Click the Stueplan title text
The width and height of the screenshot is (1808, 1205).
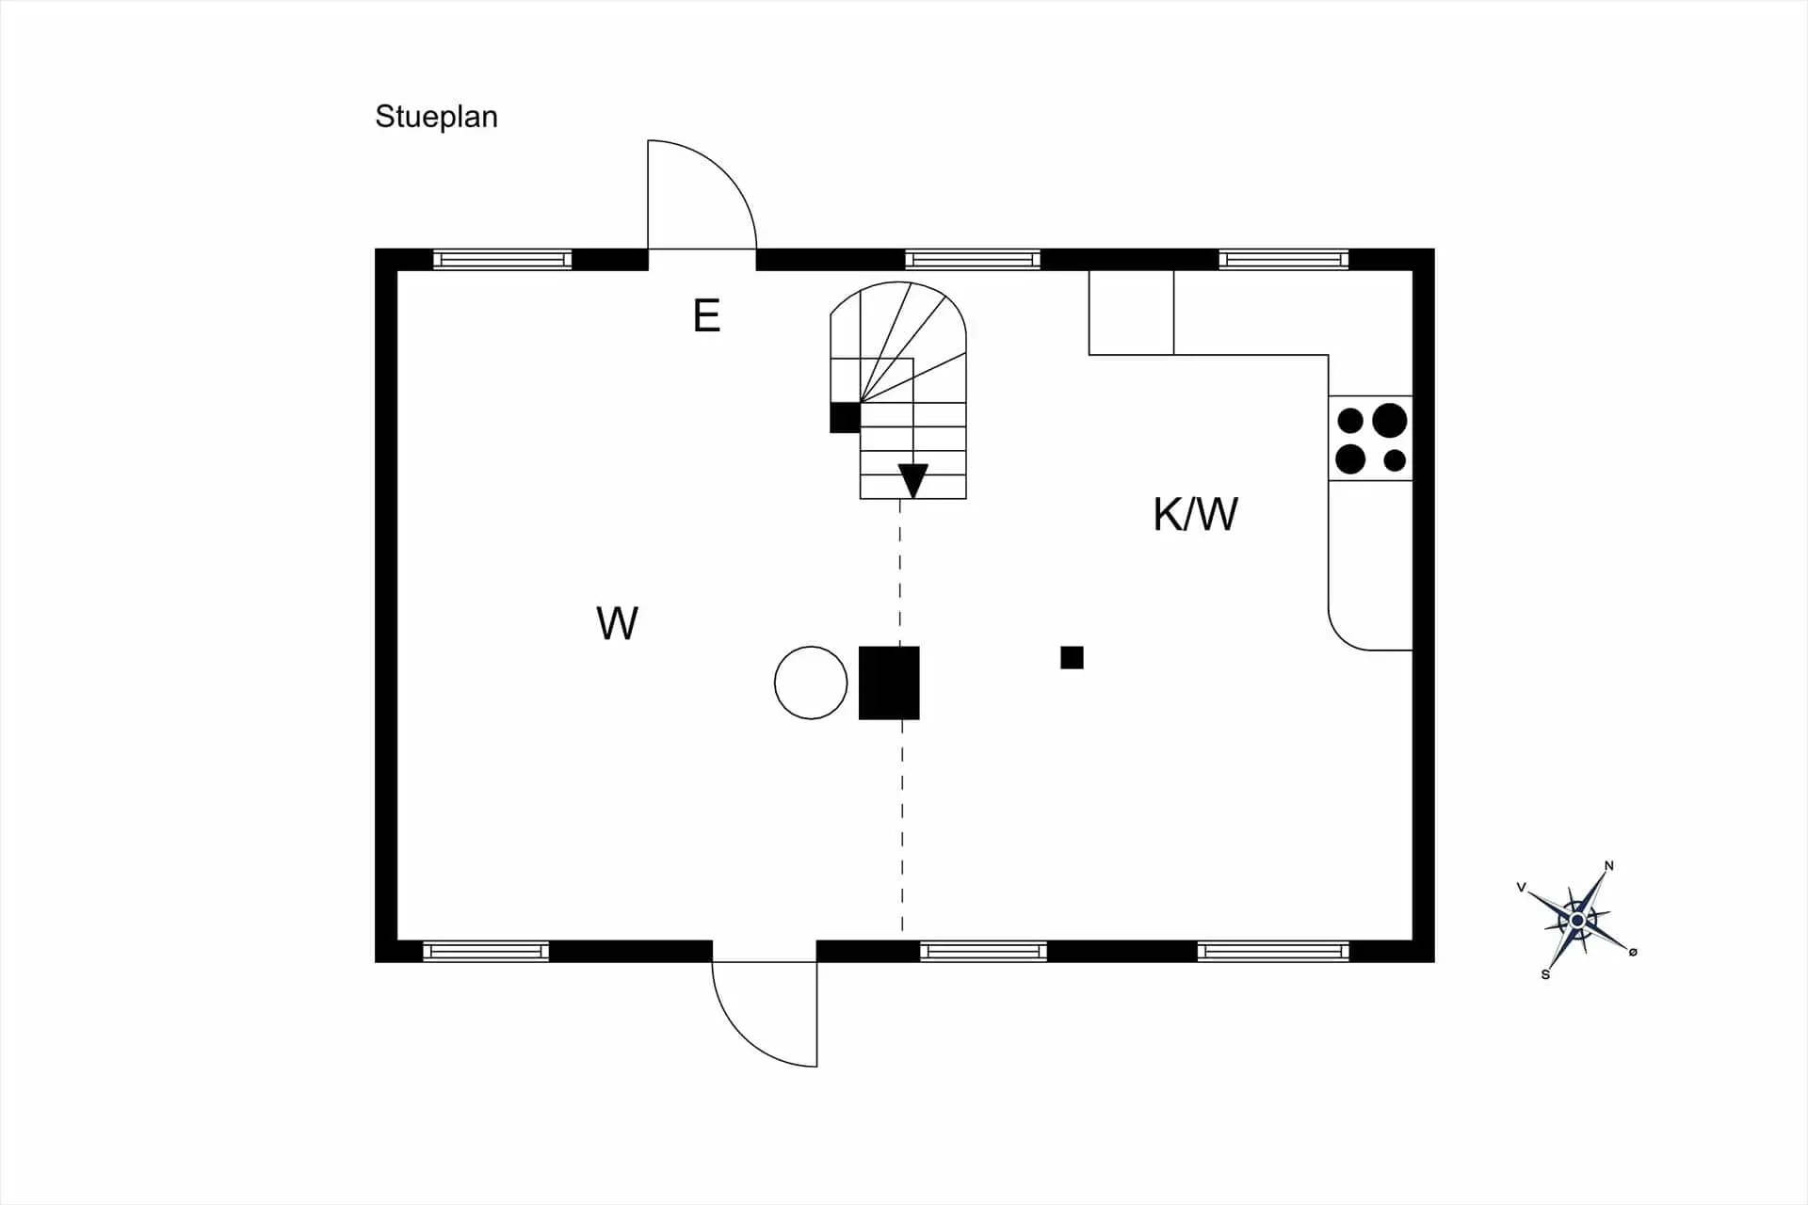[x=436, y=117]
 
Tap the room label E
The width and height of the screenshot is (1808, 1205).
[x=706, y=316]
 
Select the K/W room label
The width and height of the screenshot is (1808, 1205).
[x=1195, y=514]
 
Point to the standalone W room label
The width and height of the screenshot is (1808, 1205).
[x=618, y=623]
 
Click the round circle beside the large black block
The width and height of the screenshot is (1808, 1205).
[x=811, y=683]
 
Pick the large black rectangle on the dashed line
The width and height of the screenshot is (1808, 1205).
[x=889, y=683]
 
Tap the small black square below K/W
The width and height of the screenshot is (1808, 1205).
[x=1072, y=657]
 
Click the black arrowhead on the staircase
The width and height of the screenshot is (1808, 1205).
[x=913, y=480]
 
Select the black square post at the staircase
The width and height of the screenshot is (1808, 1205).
[x=845, y=417]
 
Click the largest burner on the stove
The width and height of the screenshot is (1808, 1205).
[x=1389, y=421]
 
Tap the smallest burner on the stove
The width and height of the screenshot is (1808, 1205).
[x=1395, y=460]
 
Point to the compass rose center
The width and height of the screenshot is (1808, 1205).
[x=1577, y=920]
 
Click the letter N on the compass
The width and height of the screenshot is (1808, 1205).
[x=1609, y=866]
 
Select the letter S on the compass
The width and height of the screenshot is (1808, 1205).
[x=1545, y=974]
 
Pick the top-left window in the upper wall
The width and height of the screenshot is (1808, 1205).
[x=503, y=259]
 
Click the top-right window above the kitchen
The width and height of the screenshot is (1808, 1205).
[x=1283, y=259]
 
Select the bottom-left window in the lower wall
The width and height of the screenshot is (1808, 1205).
[x=486, y=951]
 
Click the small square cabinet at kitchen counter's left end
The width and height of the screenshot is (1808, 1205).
[x=1131, y=313]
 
